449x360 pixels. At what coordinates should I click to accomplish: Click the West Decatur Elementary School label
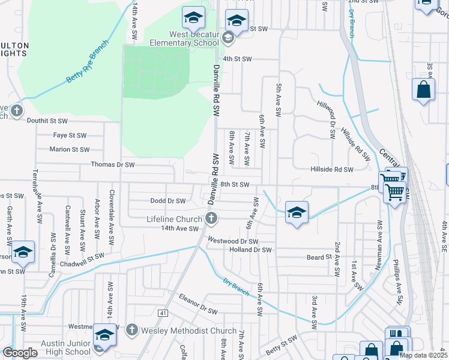pos(184,38)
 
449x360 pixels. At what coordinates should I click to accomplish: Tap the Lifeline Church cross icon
pos(211,218)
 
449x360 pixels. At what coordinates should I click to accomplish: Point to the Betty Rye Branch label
pos(88,62)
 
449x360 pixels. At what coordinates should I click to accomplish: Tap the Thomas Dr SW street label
pos(112,164)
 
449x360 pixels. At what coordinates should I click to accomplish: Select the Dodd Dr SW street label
pos(167,201)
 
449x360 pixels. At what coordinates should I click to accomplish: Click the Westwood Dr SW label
pos(233,241)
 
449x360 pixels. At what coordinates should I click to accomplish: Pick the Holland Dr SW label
pos(251,250)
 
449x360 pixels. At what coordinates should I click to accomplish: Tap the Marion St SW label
pos(69,149)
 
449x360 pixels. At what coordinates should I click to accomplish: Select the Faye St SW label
pos(70,136)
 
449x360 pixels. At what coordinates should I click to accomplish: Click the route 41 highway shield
pos(163,313)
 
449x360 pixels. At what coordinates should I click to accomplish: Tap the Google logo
pos(19,353)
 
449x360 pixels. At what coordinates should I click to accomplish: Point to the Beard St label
pos(319,257)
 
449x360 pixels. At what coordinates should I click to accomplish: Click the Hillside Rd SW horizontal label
pos(332,170)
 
